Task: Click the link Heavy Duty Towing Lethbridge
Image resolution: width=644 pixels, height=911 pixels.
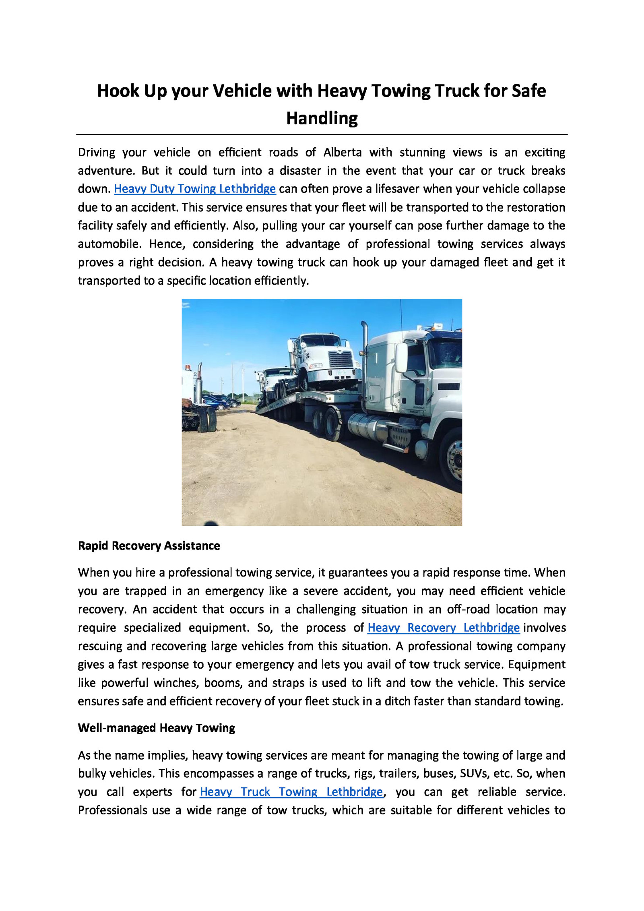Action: tap(195, 189)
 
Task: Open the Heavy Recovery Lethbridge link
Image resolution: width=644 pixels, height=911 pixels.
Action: tap(443, 628)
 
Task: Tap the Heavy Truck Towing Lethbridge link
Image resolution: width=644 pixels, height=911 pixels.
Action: tap(291, 792)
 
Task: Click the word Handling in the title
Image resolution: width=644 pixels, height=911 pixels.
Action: tap(322, 118)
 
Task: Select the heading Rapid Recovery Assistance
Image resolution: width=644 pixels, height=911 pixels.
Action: tap(149, 546)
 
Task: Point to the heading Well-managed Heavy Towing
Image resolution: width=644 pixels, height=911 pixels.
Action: tap(157, 728)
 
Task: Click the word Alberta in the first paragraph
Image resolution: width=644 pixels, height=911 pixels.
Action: tap(342, 153)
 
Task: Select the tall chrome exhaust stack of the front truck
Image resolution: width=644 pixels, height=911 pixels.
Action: tap(365, 354)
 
